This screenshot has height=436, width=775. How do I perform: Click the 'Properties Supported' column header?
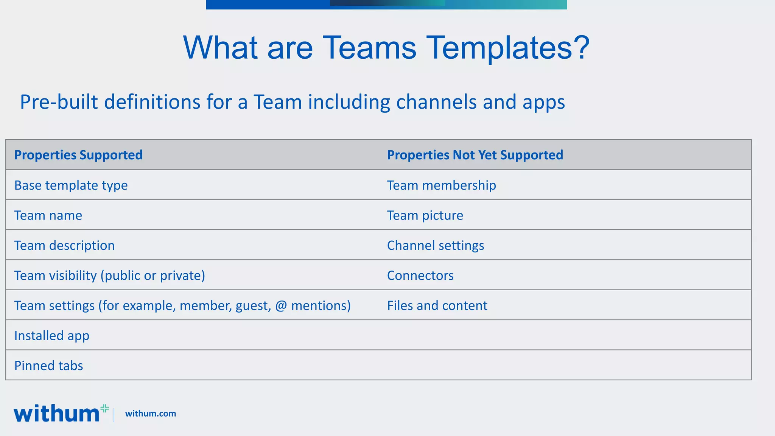point(78,155)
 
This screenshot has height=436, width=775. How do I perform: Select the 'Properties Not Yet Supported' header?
point(475,155)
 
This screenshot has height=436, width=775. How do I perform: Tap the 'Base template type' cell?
point(71,185)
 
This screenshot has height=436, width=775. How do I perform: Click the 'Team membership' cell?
point(441,185)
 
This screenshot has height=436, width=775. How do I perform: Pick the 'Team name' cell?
point(48,215)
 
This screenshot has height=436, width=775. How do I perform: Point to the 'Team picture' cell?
point(425,215)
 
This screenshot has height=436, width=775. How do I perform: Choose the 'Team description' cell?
point(64,245)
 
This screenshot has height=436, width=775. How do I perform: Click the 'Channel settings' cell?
point(436,245)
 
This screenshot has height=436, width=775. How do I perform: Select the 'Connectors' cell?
point(420,276)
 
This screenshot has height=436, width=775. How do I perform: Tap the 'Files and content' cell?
point(437,305)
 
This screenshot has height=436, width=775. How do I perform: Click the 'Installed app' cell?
point(52,336)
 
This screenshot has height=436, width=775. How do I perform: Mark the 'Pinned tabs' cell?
point(48,366)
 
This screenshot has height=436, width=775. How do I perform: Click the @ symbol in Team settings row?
point(281,306)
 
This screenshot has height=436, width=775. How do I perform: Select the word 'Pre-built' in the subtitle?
point(59,102)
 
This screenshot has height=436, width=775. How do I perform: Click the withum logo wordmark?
point(57,413)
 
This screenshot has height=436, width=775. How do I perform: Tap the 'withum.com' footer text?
point(151,414)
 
